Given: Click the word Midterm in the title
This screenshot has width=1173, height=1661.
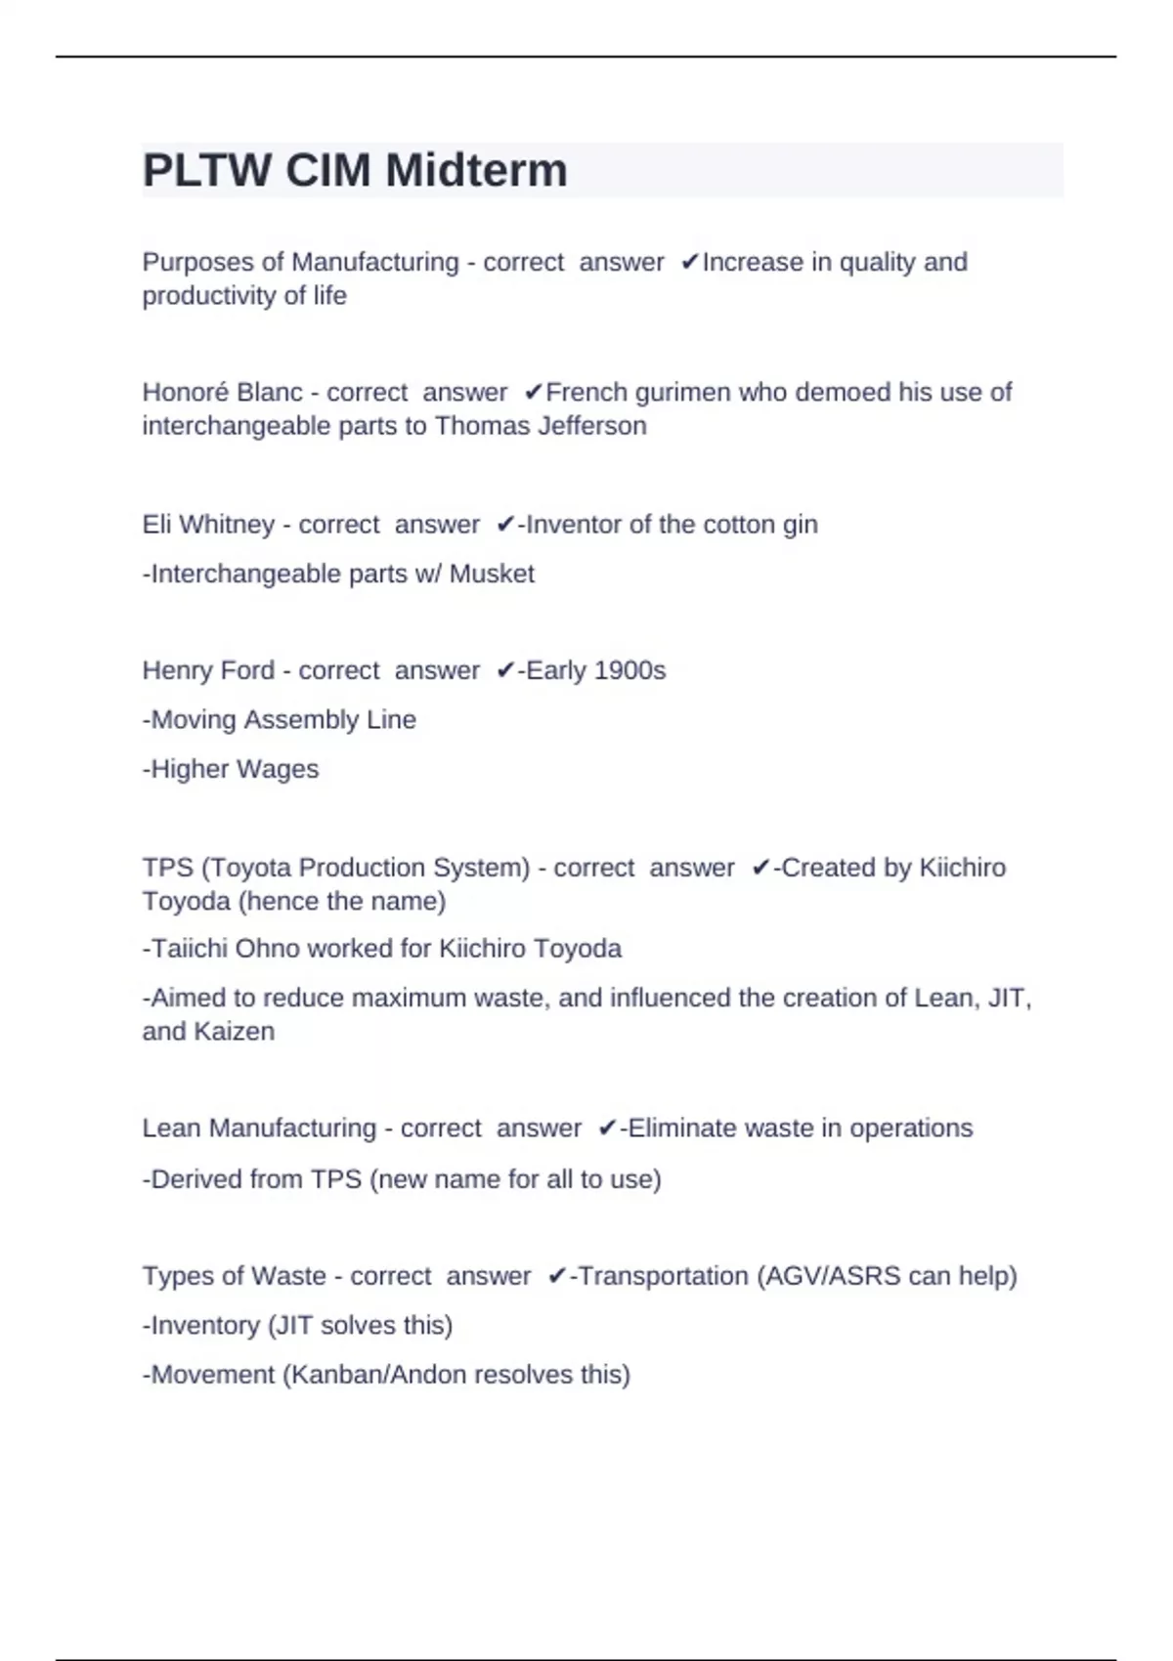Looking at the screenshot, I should [476, 171].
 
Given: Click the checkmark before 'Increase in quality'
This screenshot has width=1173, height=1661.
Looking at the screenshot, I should [690, 262].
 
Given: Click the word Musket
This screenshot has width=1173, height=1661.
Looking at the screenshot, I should [492, 574].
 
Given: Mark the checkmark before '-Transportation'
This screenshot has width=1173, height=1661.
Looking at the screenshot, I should [557, 1276].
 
